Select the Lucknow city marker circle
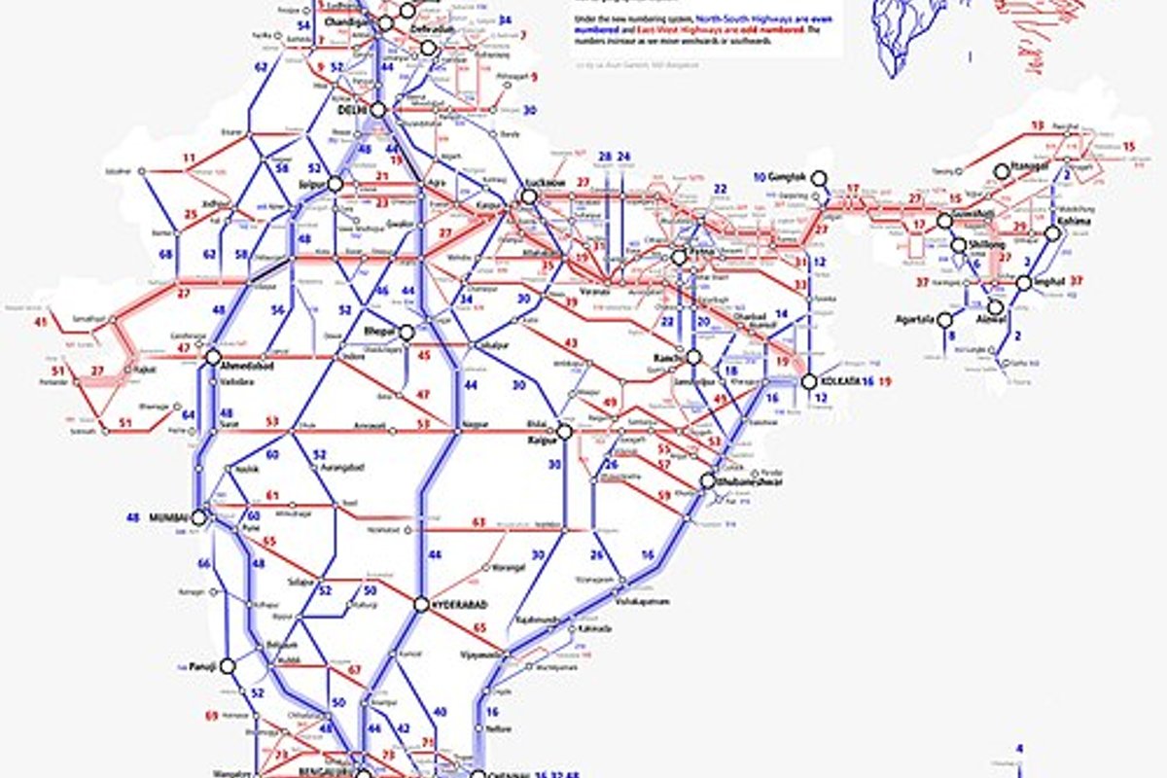(x=528, y=196)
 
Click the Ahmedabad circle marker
(x=213, y=357)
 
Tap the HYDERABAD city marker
(x=421, y=604)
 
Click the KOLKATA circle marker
(x=809, y=382)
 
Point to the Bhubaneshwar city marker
(x=708, y=480)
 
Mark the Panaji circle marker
(x=228, y=666)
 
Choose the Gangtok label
(x=788, y=178)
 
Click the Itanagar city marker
(x=1002, y=171)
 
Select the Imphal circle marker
(x=1023, y=283)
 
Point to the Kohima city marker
(x=1052, y=233)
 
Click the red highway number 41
(x=40, y=322)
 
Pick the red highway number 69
(x=211, y=716)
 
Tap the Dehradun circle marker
(x=428, y=48)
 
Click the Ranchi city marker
(x=693, y=357)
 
